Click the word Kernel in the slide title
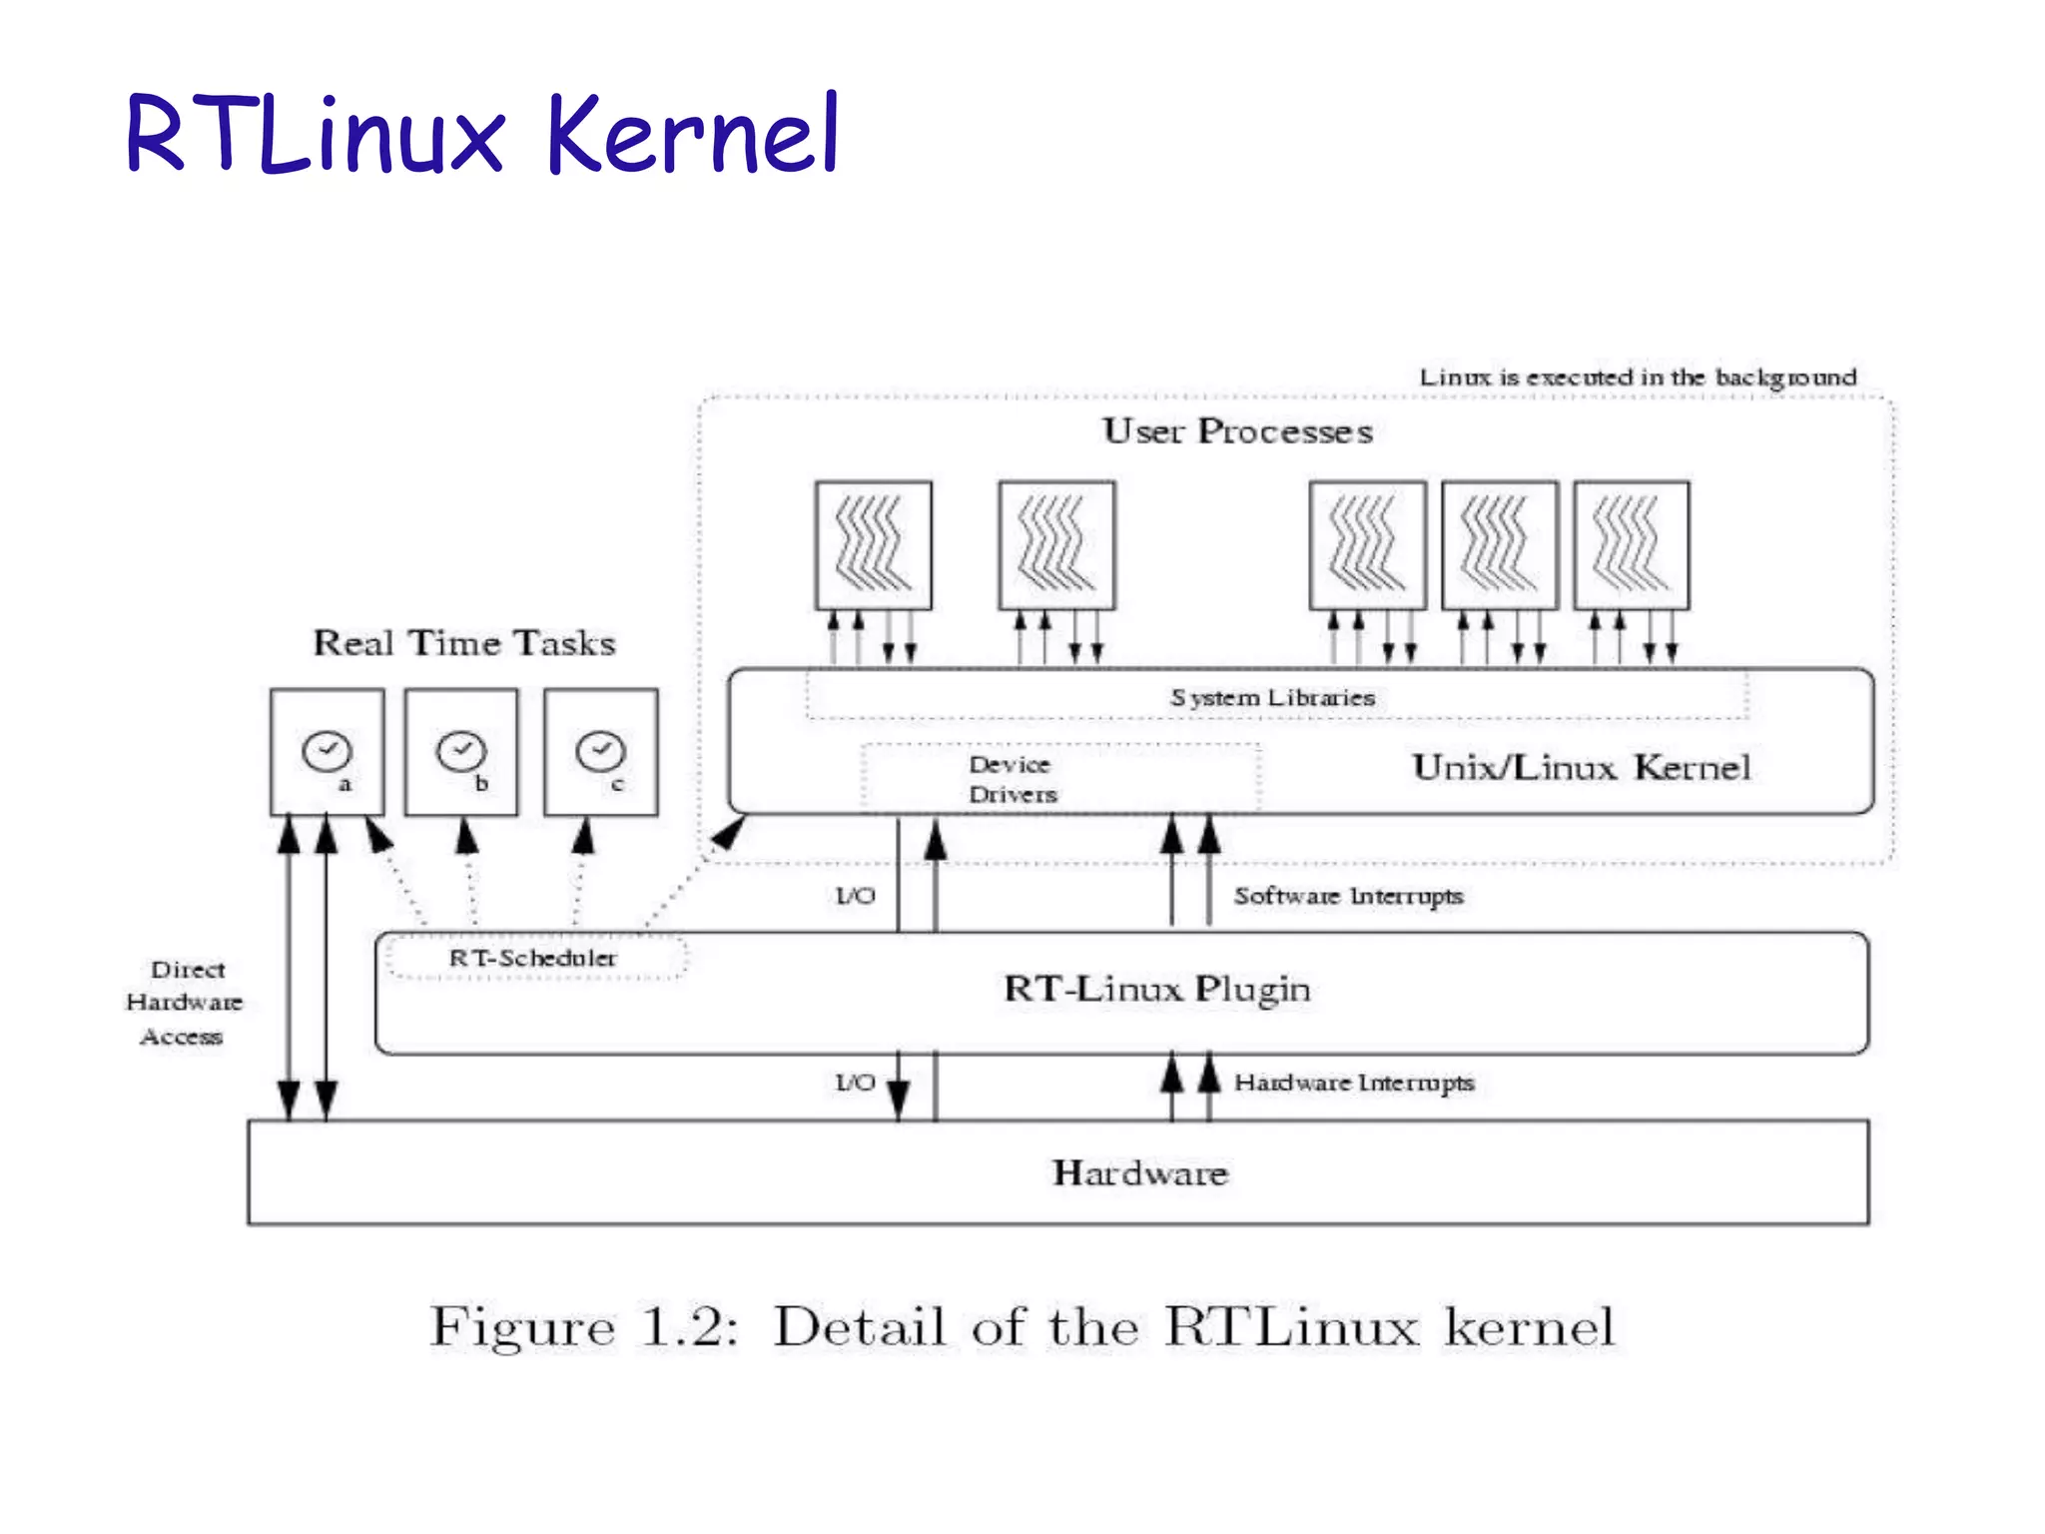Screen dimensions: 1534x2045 click(692, 135)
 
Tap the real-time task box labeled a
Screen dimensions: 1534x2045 click(327, 751)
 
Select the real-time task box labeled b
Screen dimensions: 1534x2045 click(461, 751)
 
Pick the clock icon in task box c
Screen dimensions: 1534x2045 click(600, 750)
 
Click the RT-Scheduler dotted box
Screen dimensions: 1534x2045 click(534, 958)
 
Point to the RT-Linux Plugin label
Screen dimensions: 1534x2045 click(1156, 989)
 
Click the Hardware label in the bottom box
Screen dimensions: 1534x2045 click(1139, 1172)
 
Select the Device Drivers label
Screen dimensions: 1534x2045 click(1012, 779)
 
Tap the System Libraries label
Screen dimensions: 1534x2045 click(1272, 697)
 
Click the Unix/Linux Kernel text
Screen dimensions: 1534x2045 click(1581, 767)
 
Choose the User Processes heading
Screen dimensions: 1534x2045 click(1237, 431)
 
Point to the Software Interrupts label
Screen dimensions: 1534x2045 click(1348, 896)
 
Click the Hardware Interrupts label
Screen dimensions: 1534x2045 click(1353, 1083)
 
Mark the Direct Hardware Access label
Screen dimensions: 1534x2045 click(185, 1002)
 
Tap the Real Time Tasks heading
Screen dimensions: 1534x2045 click(464, 643)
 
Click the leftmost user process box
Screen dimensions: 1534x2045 click(873, 545)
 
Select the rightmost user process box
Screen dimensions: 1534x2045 click(1631, 545)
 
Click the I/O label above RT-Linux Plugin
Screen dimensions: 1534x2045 click(855, 896)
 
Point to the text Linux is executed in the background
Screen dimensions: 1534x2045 click(1638, 378)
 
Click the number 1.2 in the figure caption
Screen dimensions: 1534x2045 click(688, 1327)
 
